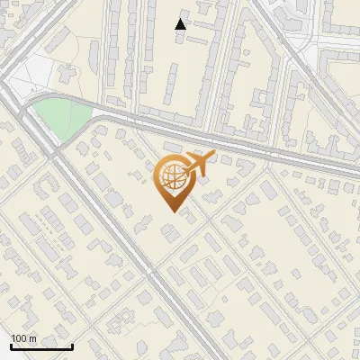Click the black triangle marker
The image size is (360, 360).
pyautogui.click(x=181, y=24)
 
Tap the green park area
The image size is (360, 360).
pyautogui.click(x=61, y=117)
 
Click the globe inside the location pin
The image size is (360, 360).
pyautogui.click(x=171, y=176)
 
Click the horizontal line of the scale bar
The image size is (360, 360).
pyautogui.click(x=41, y=346)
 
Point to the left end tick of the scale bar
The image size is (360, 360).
pyautogui.click(x=11, y=345)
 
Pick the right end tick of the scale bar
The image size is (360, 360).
pyautogui.click(x=72, y=345)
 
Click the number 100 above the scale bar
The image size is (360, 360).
pyautogui.click(x=20, y=338)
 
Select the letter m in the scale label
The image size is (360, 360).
pyautogui.click(x=33, y=338)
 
